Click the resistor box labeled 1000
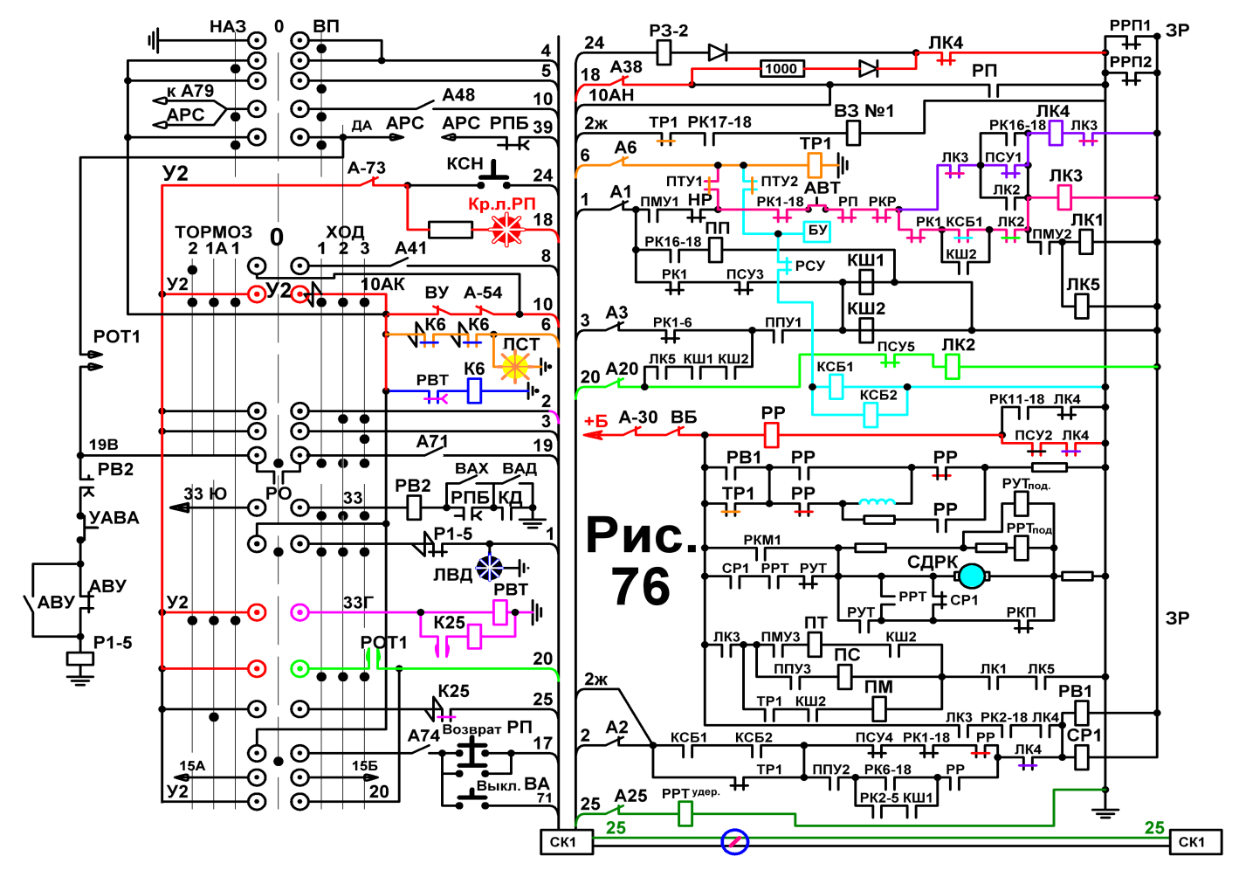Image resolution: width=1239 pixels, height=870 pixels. pos(781,69)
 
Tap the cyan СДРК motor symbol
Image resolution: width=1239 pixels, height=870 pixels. pos(971,577)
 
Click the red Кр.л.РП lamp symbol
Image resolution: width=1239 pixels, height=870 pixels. pos(506,229)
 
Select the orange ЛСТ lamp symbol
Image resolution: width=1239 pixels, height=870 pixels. pos(515,366)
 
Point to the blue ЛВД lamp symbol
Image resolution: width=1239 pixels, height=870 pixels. pos(490,567)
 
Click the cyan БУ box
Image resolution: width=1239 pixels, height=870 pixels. pos(817,231)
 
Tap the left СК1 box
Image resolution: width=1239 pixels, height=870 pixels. pos(565,842)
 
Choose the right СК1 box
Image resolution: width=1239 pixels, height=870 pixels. pos(1194,842)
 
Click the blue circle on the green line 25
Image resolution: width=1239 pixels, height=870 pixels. pos(734,842)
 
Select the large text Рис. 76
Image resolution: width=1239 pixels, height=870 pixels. pos(642,560)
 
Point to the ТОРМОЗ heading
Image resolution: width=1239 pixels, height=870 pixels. pos(213,231)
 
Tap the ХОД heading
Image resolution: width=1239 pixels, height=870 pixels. pos(345,231)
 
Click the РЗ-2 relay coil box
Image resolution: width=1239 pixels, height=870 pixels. pos(664,53)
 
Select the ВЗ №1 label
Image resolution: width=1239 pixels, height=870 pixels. pos(864,111)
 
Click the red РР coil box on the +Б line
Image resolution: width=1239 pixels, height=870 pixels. pos(771,435)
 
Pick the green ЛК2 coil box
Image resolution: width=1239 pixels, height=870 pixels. pos(952,366)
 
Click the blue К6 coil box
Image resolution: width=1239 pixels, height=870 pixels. pos(474,390)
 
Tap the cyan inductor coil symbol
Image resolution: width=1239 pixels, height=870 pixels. pos(877,502)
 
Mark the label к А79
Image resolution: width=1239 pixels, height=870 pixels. pos(190,91)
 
